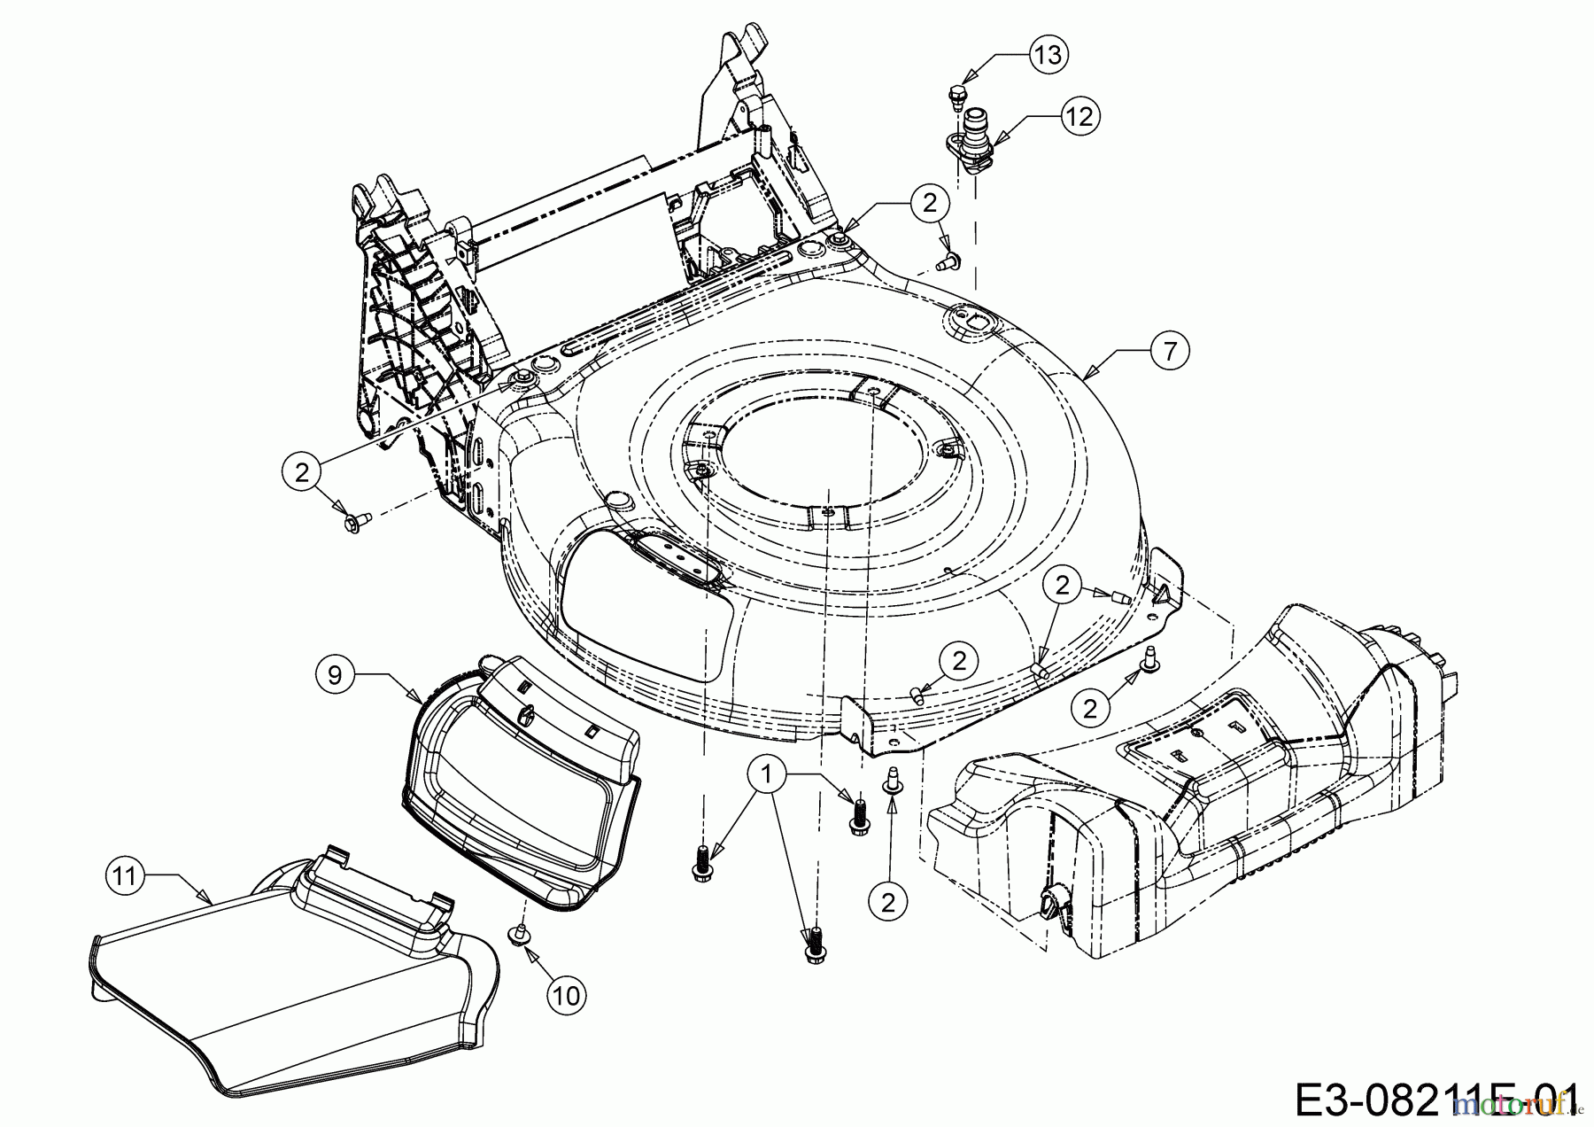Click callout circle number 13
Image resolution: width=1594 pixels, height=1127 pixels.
[1047, 55]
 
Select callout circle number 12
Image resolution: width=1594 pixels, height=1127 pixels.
[1079, 116]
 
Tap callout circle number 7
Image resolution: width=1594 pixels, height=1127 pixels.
[1170, 352]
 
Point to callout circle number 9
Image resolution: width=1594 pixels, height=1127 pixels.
[334, 674]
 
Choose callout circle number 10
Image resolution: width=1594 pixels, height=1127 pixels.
[567, 995]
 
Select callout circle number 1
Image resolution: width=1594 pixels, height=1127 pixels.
[767, 775]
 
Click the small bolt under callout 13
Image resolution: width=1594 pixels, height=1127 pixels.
[956, 96]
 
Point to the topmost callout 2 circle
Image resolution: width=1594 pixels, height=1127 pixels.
[929, 203]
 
